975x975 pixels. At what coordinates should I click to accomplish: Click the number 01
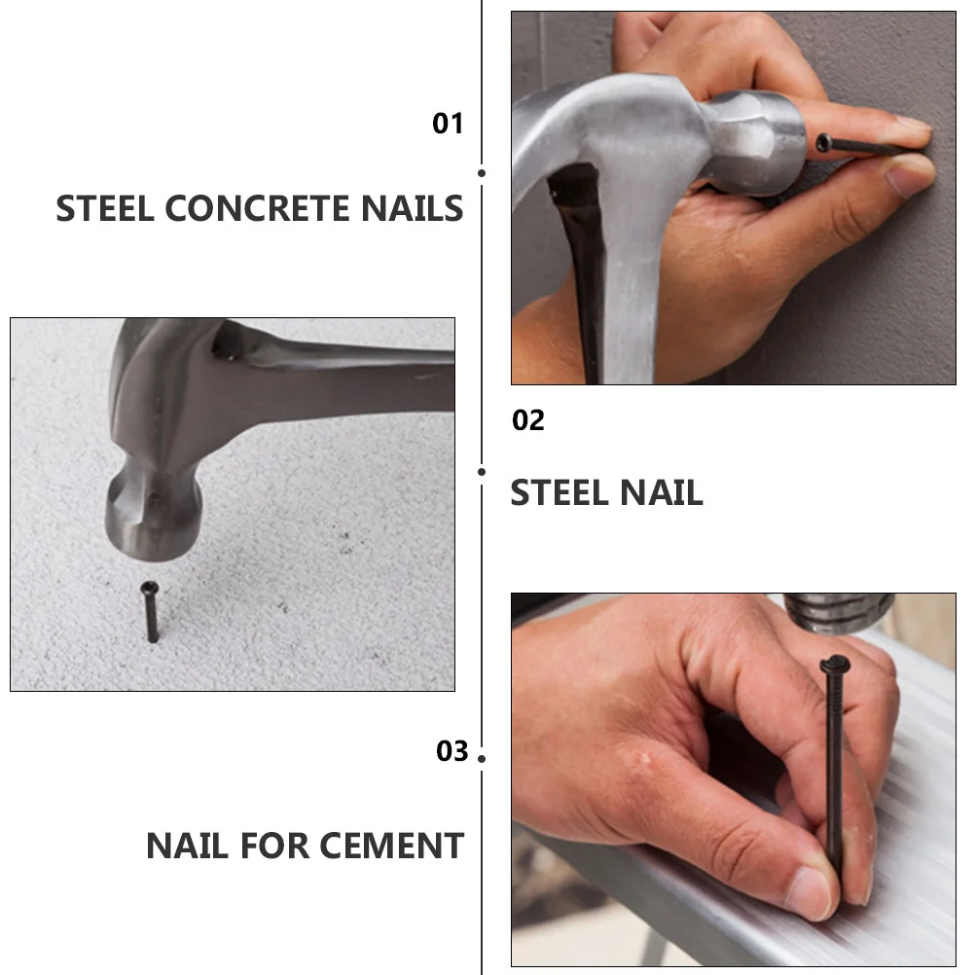click(x=448, y=124)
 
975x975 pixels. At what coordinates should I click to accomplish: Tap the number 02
click(x=528, y=420)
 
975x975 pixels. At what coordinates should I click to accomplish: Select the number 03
click(x=451, y=751)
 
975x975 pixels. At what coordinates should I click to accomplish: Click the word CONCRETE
click(x=261, y=209)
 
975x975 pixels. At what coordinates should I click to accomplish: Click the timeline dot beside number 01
click(x=482, y=172)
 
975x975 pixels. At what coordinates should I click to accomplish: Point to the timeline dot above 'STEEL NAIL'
click(x=482, y=472)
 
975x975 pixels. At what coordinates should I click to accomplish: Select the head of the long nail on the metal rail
click(x=834, y=666)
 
